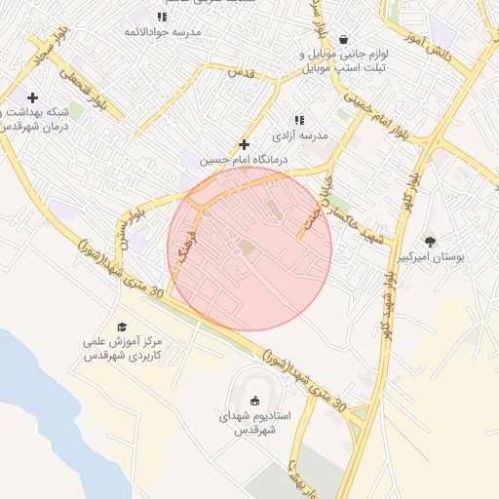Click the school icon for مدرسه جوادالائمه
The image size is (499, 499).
tap(162, 17)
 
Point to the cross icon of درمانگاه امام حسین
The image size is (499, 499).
tap(245, 143)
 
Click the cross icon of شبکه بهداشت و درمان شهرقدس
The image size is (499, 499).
tap(33, 97)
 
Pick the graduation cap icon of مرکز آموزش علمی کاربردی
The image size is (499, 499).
tap(122, 327)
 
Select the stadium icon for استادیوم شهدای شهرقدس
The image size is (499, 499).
tap(255, 400)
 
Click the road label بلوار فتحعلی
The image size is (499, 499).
tap(80, 85)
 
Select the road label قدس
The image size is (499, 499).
tap(241, 73)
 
